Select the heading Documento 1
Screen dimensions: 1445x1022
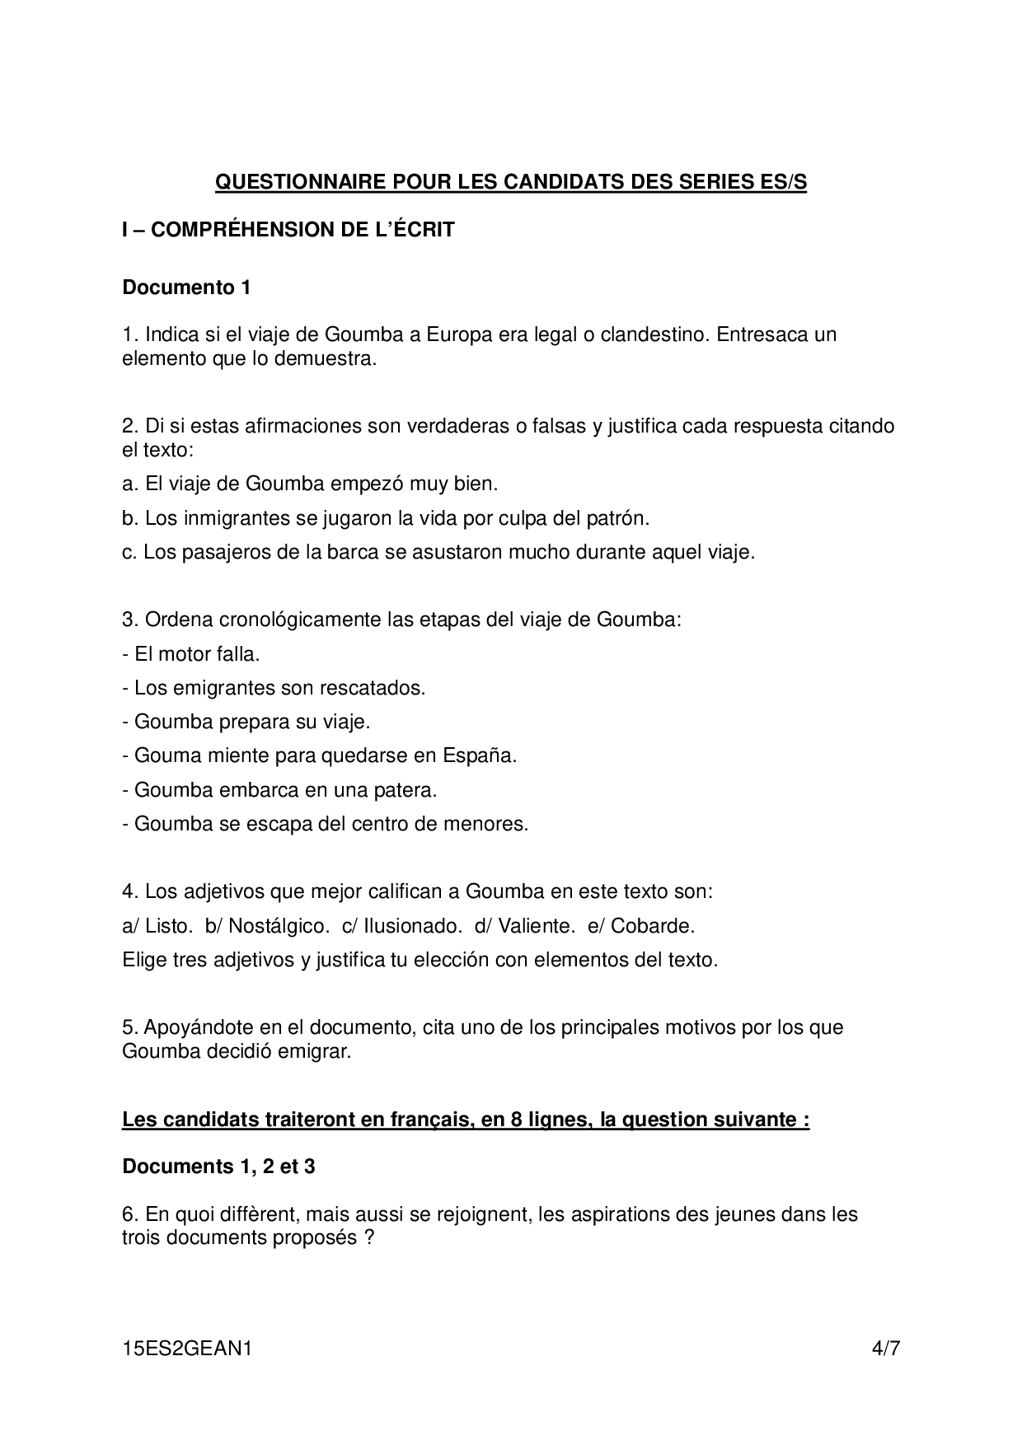tap(186, 288)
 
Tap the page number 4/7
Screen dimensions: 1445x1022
tap(886, 1349)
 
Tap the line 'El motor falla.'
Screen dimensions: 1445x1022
tap(191, 654)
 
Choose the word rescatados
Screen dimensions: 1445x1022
tap(377, 688)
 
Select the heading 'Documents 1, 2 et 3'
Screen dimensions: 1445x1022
tap(218, 1167)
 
